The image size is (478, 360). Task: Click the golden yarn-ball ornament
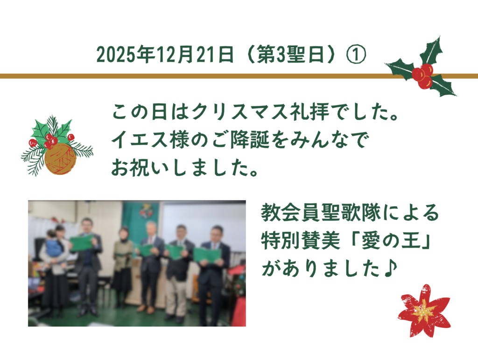pyautogui.click(x=60, y=159)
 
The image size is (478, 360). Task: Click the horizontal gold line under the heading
pyautogui.click(x=187, y=76)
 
